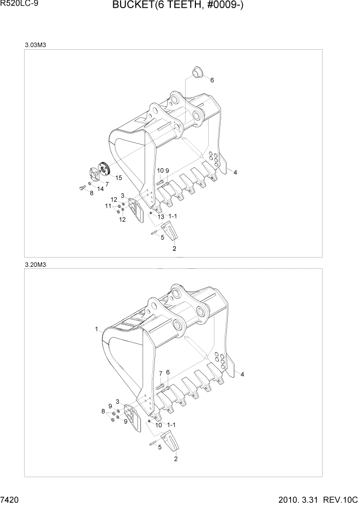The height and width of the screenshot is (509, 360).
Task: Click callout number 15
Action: pos(118,178)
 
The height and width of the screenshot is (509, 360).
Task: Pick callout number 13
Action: pos(161,217)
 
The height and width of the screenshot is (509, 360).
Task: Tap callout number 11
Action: pos(108,206)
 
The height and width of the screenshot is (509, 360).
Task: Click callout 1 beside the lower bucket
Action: pos(96,329)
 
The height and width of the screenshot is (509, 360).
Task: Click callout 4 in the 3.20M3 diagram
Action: pos(243,374)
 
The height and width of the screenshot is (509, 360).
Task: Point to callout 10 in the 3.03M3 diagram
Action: pos(160,170)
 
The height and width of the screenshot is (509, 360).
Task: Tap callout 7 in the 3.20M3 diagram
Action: pos(160,373)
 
